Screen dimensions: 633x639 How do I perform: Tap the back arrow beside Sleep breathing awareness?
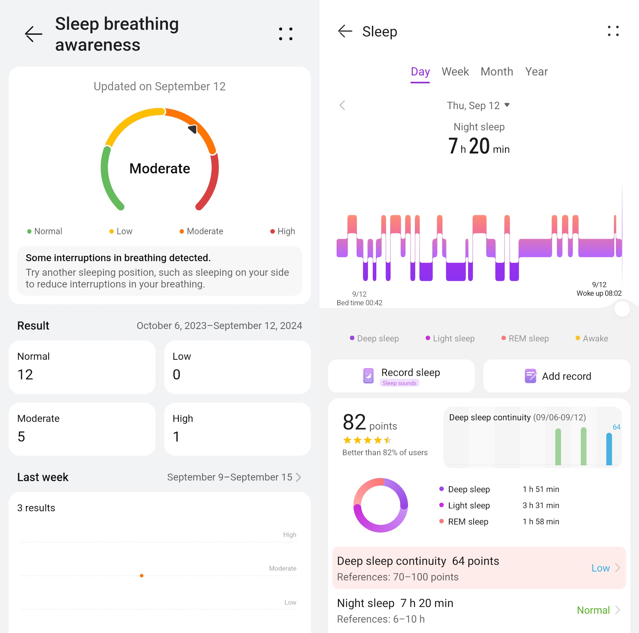[x=34, y=34]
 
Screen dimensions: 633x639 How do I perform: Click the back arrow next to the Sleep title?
[x=345, y=31]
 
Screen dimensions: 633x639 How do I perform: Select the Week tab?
[x=455, y=72]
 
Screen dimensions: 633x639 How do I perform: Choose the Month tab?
[x=497, y=72]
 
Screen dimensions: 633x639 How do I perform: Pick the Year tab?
[x=536, y=72]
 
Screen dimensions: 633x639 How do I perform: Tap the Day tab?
[x=420, y=72]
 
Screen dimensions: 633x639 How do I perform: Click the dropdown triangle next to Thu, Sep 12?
[x=507, y=105]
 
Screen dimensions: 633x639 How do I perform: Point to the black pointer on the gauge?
[x=193, y=129]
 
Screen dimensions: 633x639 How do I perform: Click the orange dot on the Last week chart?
[x=142, y=575]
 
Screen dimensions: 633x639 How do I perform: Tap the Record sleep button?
[x=401, y=376]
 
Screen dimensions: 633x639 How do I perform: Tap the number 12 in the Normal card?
[x=25, y=375]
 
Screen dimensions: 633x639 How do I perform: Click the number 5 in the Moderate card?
[x=21, y=437]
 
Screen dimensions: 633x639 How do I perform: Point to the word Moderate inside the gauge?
[x=160, y=168]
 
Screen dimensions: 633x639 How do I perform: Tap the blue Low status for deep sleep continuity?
[x=600, y=568]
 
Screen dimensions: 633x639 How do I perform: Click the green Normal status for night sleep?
[x=593, y=610]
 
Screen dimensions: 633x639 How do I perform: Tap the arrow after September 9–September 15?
[x=299, y=477]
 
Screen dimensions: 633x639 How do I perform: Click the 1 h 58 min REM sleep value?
[x=541, y=522]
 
